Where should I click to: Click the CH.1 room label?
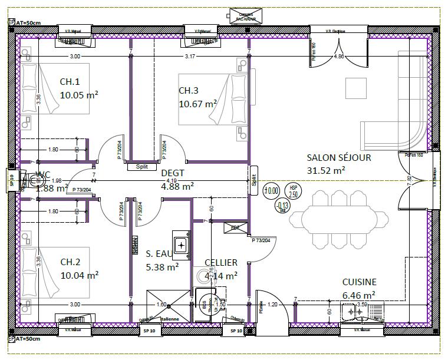(70, 81)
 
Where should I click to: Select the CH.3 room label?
(189, 90)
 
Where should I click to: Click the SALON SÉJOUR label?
(338, 157)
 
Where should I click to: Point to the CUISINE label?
(359, 282)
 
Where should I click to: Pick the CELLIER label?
(220, 262)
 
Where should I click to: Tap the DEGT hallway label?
(173, 173)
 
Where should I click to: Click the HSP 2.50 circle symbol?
(294, 191)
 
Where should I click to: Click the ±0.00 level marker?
(272, 190)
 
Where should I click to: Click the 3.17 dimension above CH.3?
(189, 57)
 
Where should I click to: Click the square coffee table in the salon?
(355, 88)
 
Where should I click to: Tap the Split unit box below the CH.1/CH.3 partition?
(141, 166)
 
